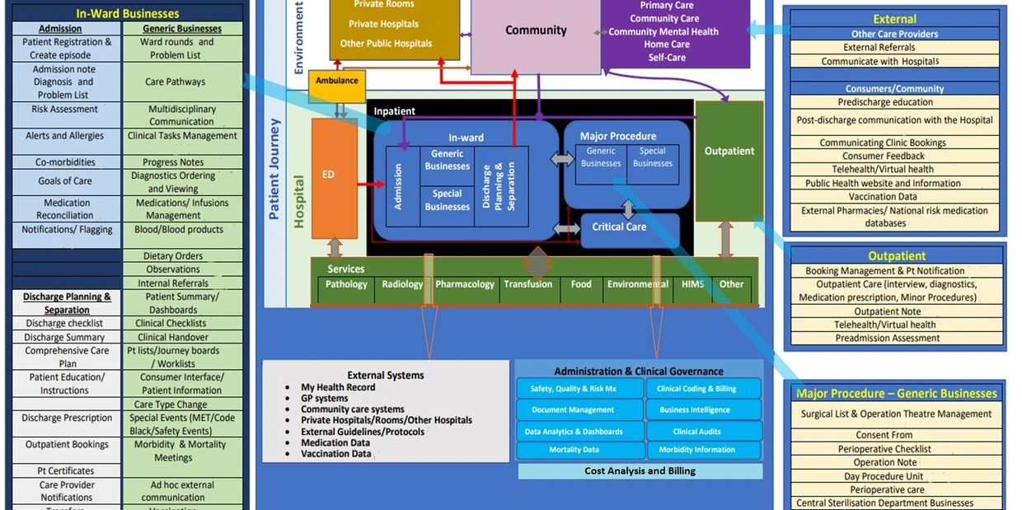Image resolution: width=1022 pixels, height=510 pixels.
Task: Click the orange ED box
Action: coord(334,178)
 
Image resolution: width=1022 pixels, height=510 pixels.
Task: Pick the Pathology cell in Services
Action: coord(346,285)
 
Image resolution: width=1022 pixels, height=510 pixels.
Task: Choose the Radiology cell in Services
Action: coord(402,285)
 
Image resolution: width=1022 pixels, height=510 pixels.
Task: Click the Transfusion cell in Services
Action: coord(527,285)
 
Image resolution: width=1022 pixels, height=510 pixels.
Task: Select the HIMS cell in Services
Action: coord(692,285)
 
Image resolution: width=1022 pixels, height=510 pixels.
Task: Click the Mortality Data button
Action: coord(574,450)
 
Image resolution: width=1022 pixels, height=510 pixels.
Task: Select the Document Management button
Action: coord(573,409)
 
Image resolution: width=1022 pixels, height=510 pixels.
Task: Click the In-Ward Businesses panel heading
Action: coord(127,13)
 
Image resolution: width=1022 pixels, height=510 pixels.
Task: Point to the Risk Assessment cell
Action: coord(65,110)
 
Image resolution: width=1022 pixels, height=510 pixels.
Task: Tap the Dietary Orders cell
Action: coord(172,256)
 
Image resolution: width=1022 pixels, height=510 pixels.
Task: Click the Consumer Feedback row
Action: coord(884,156)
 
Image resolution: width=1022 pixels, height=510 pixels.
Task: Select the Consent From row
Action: coord(884,435)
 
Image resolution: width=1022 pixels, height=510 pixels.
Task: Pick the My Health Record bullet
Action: coord(338,387)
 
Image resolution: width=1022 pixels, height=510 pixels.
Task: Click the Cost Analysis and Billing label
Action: coord(640,471)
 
